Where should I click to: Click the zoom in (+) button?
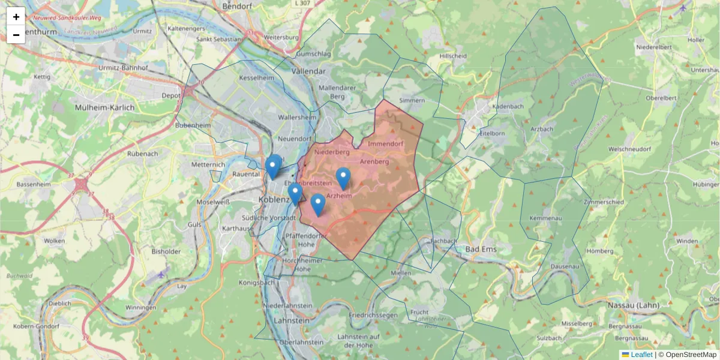tap(16, 17)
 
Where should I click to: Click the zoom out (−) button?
tap(16, 35)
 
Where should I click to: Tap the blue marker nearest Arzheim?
tap(343, 178)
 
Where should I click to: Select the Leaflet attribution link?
tap(641, 355)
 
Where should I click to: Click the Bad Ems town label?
tap(480, 248)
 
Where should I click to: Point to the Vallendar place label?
tap(308, 71)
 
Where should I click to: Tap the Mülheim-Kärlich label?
tap(104, 107)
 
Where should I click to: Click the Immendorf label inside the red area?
tap(385, 145)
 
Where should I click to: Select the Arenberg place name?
tap(375, 161)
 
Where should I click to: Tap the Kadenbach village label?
tap(508, 106)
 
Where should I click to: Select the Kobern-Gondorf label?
tap(38, 326)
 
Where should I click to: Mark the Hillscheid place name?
tap(453, 56)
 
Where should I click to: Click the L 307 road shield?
tap(303, 3)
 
